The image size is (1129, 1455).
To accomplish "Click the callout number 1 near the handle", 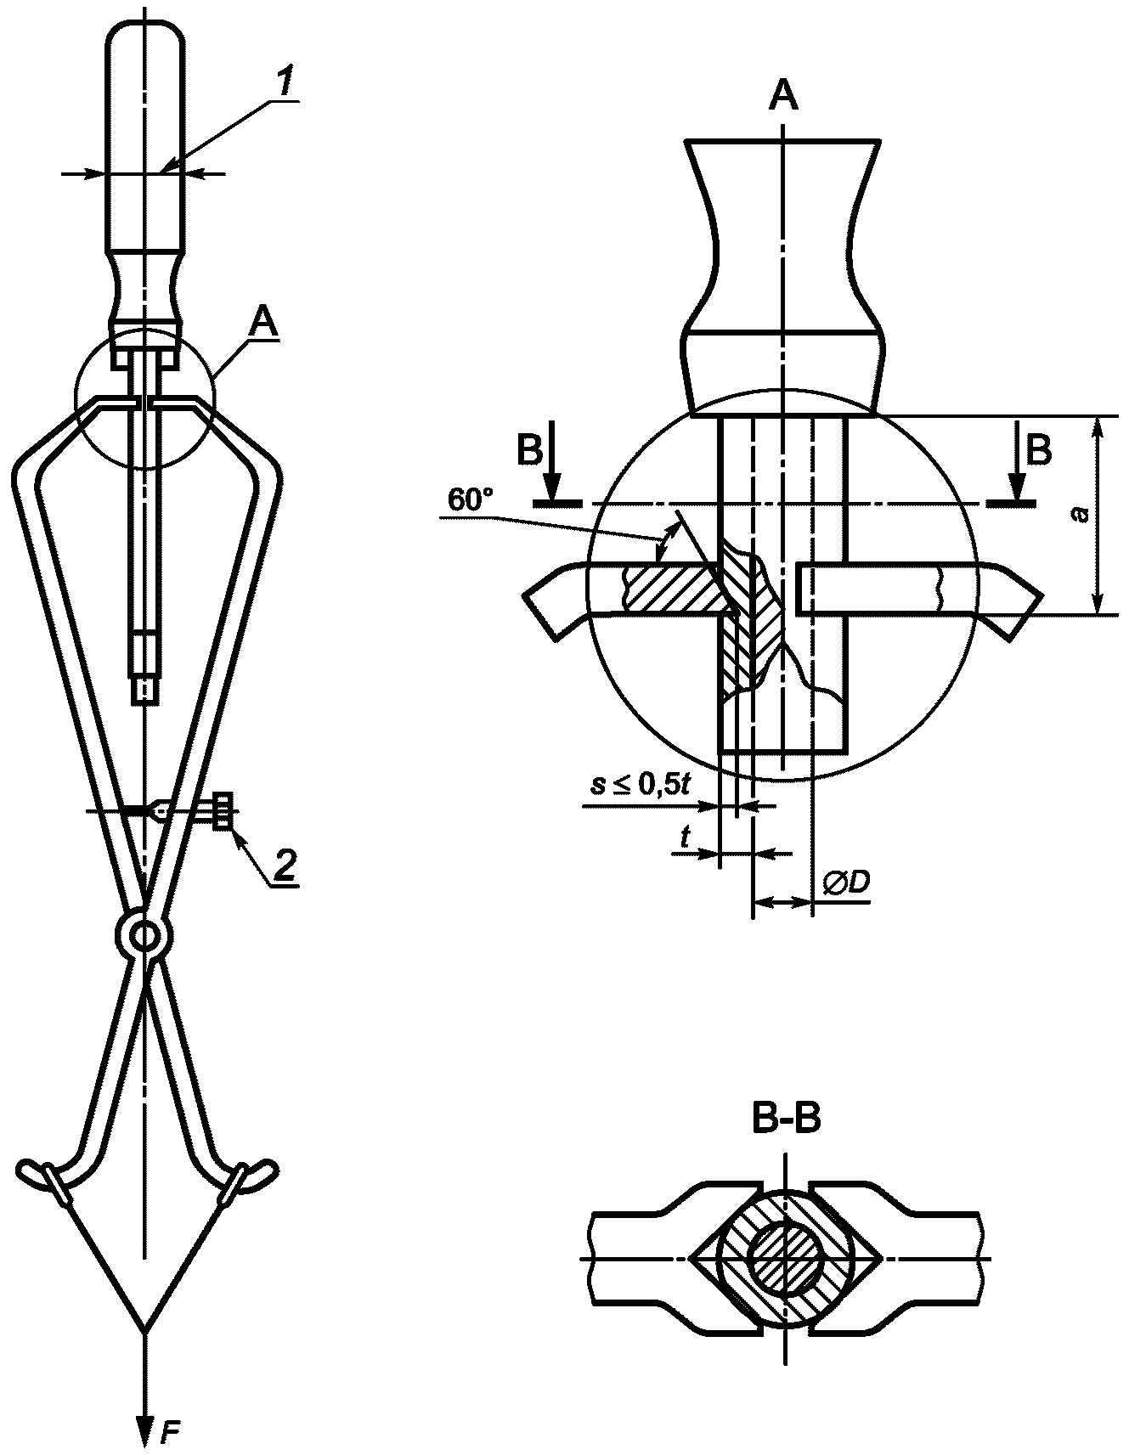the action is coord(287,83).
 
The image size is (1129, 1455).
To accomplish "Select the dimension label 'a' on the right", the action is coord(1081,514).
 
